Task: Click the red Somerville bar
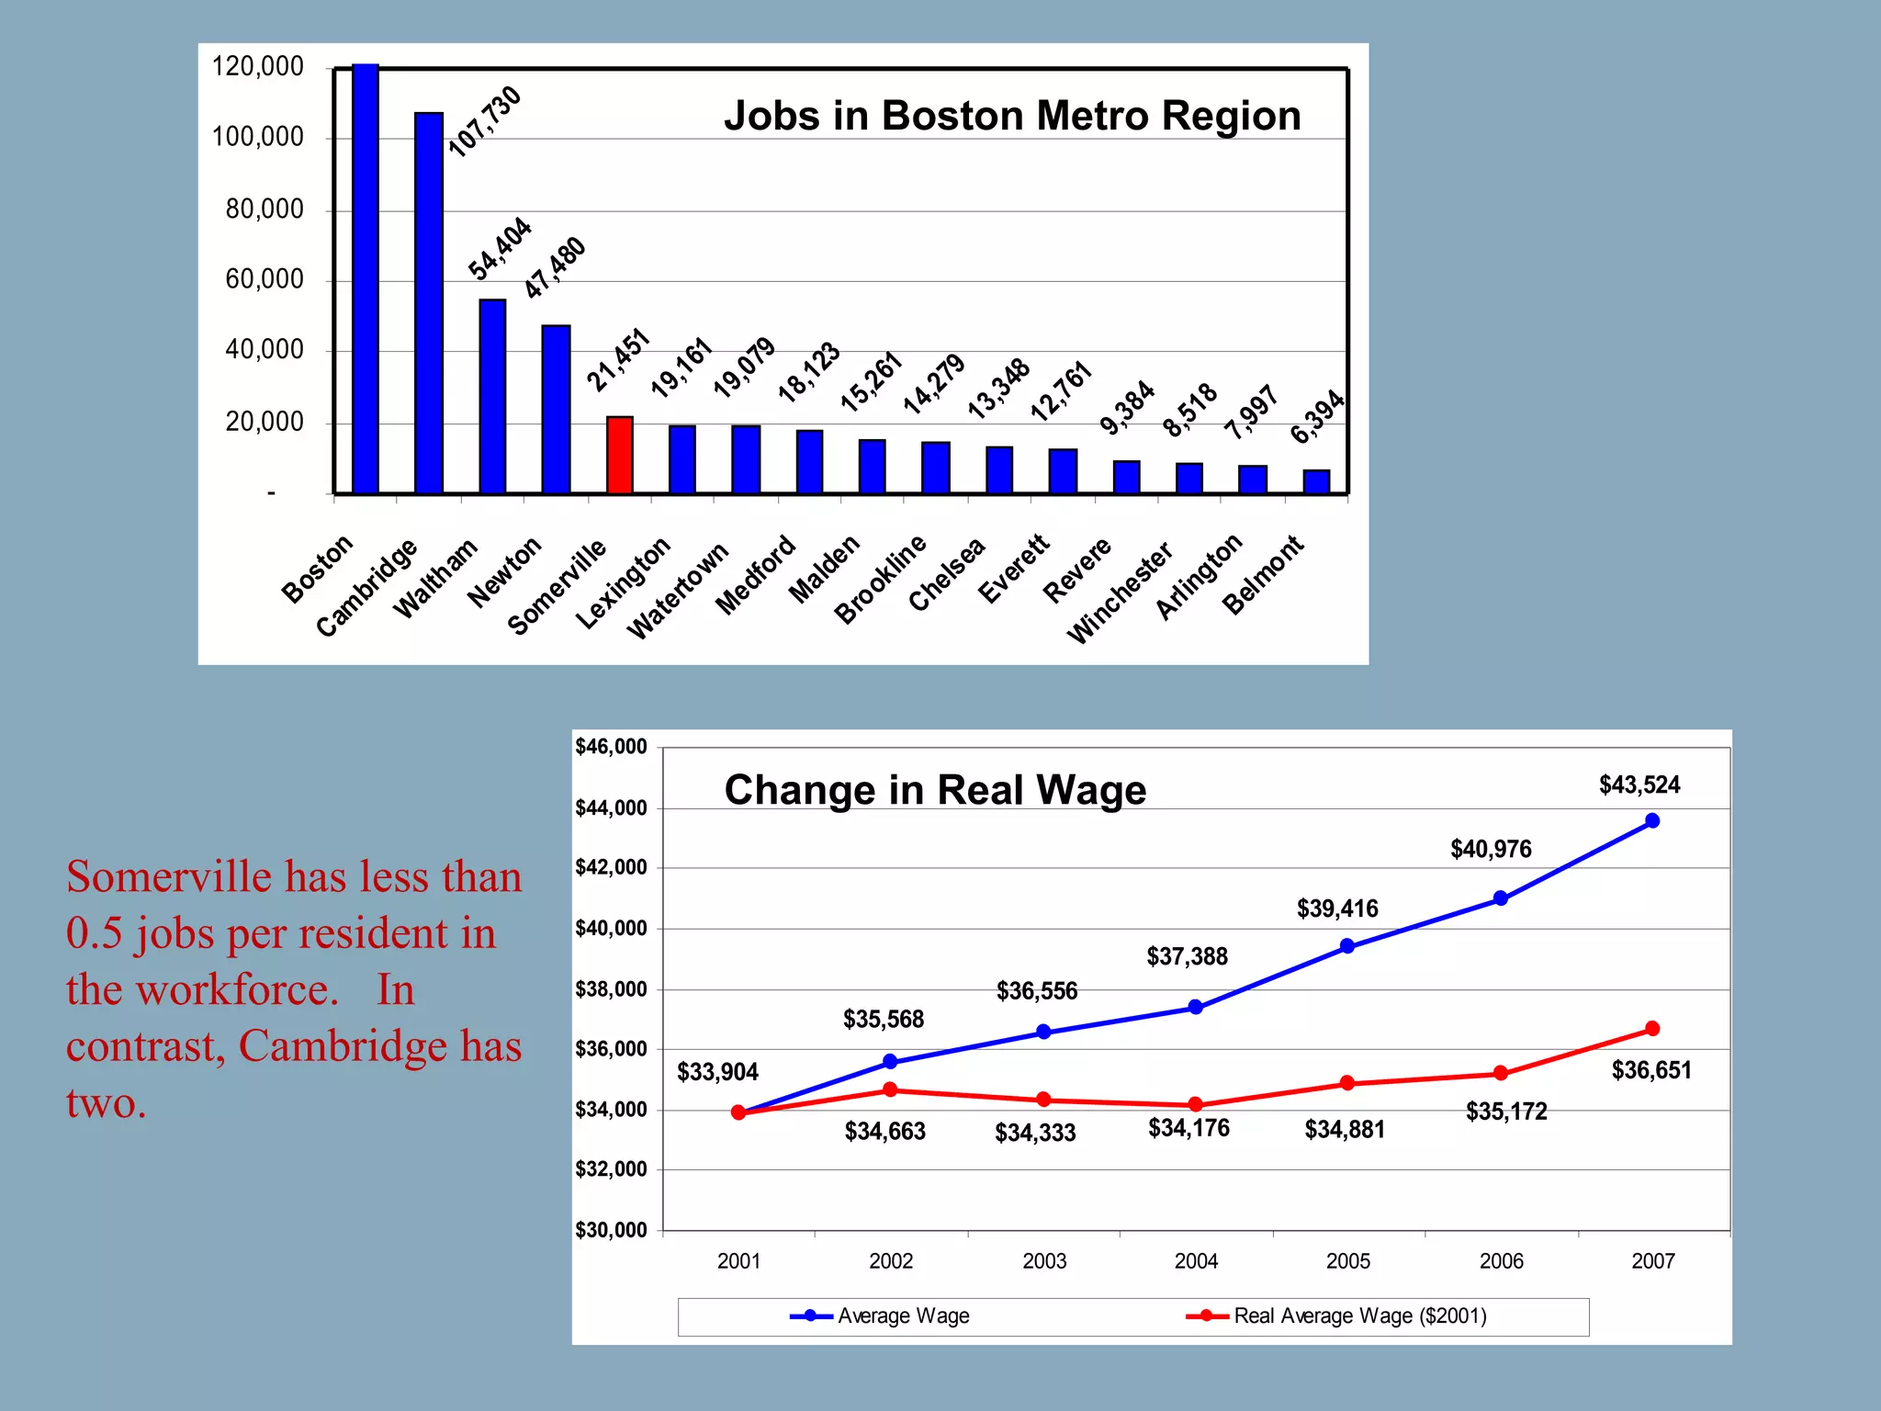620,456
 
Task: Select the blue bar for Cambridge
429,303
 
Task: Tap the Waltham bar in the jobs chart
492,397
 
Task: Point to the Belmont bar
1316,481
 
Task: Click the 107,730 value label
484,122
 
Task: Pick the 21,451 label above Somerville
618,360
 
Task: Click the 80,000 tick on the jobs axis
265,209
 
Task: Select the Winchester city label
1120,593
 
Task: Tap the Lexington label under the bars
624,583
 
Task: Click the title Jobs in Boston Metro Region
1012,117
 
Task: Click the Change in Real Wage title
935,790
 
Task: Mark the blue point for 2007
1652,820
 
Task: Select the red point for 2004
1195,1104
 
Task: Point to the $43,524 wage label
1639,785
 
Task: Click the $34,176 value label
1188,1128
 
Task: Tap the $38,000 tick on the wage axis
611,989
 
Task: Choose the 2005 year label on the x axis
1347,1261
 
